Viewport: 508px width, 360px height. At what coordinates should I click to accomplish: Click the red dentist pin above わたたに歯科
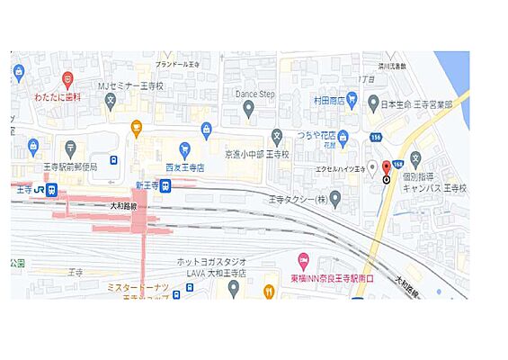[x=68, y=78]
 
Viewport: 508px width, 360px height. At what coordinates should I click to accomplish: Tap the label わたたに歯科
[x=58, y=95]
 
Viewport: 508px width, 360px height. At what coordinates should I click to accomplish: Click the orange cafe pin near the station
[x=137, y=127]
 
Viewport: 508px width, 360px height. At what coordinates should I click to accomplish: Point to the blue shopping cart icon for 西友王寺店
[x=184, y=148]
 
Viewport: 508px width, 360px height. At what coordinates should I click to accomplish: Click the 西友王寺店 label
[x=185, y=167]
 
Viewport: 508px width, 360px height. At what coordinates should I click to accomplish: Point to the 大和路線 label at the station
[x=121, y=205]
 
